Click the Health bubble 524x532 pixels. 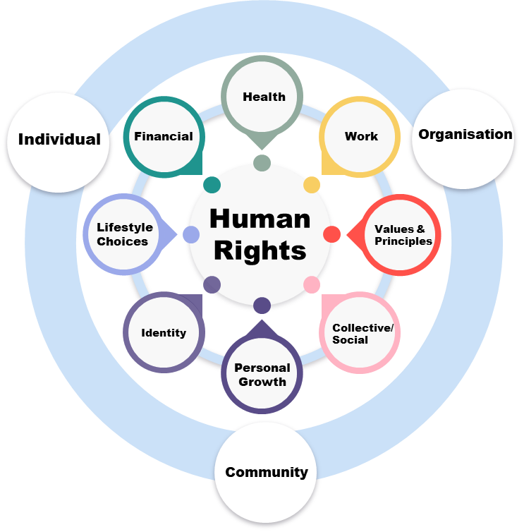pyautogui.click(x=264, y=96)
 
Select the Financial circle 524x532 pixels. pyautogui.click(x=164, y=136)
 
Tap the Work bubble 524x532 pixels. pyautogui.click(x=361, y=136)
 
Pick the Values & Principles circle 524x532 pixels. pyautogui.click(x=402, y=234)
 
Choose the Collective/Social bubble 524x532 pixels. pyautogui.click(x=361, y=333)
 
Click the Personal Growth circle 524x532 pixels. pyautogui.click(x=262, y=374)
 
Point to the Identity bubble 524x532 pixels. pyautogui.click(x=164, y=332)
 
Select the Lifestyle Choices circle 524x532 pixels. pyautogui.click(x=123, y=234)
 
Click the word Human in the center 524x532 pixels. pyautogui.click(x=260, y=219)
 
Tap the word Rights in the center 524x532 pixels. pyautogui.click(x=260, y=250)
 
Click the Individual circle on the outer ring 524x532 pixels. pyautogui.click(x=59, y=140)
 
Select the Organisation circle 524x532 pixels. pyautogui.click(x=465, y=135)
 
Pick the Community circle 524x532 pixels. pyautogui.click(x=266, y=472)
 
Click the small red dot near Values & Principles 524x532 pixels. pyautogui.click(x=332, y=234)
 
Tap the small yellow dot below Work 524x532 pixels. pyautogui.click(x=312, y=185)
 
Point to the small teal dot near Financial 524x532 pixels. pyautogui.click(x=212, y=185)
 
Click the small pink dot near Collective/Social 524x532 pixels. pyautogui.click(x=312, y=284)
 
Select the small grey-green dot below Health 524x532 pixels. pyautogui.click(x=262, y=164)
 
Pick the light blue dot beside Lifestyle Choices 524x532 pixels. pyautogui.click(x=191, y=235)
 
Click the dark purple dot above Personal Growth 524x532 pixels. pyautogui.click(x=262, y=306)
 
